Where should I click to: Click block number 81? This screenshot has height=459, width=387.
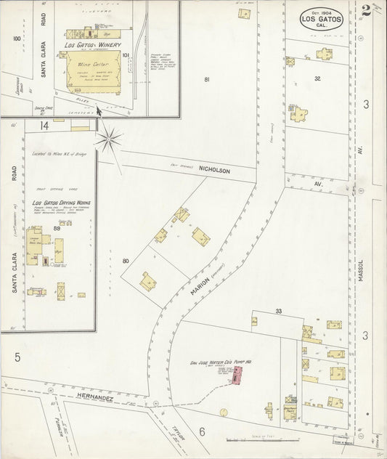tap(207, 79)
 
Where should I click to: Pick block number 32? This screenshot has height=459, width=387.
tap(317, 78)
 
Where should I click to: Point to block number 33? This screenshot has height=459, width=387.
tap(278, 311)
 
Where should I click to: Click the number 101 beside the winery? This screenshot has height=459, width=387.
tap(126, 54)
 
